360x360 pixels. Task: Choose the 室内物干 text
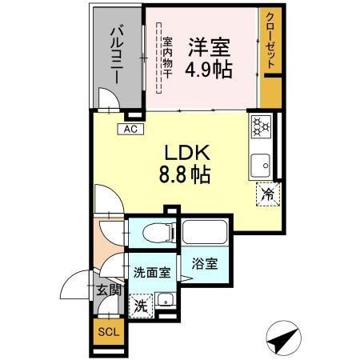167,56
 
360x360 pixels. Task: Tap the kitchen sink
261,166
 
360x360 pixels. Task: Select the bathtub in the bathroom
205,234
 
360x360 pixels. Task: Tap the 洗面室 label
151,271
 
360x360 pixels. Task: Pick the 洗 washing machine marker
140,304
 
